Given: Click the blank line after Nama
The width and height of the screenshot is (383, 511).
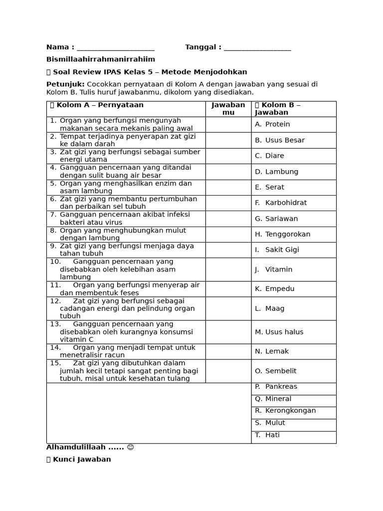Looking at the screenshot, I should click(x=116, y=48).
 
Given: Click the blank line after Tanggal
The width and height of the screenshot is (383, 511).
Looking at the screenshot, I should click(x=257, y=48).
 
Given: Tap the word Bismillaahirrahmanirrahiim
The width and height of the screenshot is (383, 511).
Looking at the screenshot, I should click(x=101, y=59).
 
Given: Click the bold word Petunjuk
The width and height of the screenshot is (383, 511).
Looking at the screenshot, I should click(x=65, y=84).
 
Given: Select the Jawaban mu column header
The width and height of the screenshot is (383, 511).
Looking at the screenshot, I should click(x=228, y=109).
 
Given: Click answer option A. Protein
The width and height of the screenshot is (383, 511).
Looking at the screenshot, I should click(x=272, y=124).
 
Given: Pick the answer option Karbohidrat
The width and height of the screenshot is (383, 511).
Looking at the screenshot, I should click(x=281, y=203).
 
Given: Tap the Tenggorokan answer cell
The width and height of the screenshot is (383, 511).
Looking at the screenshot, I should click(x=283, y=234).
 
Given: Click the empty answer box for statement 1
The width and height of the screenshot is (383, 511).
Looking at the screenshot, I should click(x=228, y=124).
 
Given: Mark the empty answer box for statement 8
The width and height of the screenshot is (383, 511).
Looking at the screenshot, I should click(x=228, y=235).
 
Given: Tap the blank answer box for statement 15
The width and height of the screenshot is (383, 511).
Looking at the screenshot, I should click(x=228, y=371).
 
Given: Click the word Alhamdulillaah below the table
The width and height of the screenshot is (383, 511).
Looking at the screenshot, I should click(x=75, y=447).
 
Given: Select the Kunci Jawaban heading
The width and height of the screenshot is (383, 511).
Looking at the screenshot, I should click(x=82, y=459).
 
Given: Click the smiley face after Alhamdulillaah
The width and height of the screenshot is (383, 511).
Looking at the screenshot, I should click(x=131, y=447).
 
